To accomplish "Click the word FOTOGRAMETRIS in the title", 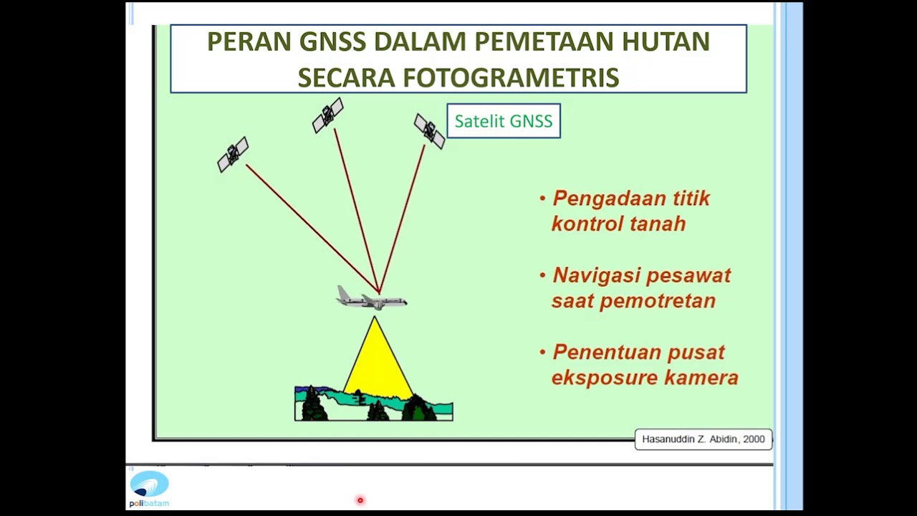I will [x=511, y=77].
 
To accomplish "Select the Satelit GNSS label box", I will [x=504, y=121].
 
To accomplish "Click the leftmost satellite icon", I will [x=233, y=154].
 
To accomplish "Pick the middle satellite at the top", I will [x=328, y=115].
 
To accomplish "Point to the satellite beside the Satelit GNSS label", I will [x=429, y=131].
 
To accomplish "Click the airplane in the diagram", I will [x=372, y=298].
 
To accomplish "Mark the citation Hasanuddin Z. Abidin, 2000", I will [x=704, y=439].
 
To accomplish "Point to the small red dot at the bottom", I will [x=360, y=500].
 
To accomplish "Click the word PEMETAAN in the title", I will [x=544, y=42].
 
